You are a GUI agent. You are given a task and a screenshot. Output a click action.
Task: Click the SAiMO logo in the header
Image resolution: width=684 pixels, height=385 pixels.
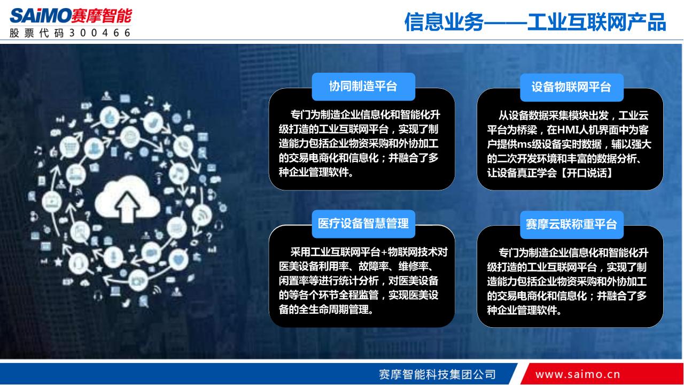(x=71, y=16)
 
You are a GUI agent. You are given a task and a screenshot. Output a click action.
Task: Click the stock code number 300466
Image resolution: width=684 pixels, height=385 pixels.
(x=100, y=33)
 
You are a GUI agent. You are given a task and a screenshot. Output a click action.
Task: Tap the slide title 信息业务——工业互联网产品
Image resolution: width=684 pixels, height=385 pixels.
(x=535, y=22)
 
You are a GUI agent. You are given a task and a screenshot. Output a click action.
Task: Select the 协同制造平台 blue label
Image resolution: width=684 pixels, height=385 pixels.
(x=363, y=87)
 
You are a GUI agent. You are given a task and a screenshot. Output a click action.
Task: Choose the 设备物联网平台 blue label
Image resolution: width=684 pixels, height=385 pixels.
(x=572, y=87)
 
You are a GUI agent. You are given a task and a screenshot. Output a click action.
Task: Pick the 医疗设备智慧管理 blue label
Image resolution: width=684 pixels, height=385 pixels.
(x=363, y=224)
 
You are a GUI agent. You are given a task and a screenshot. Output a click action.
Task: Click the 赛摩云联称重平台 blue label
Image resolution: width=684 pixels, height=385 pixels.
(x=572, y=225)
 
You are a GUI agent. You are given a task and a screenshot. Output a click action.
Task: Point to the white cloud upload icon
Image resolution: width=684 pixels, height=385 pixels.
(x=127, y=198)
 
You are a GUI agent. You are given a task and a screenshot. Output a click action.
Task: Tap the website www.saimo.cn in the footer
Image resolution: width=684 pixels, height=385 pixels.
(x=578, y=374)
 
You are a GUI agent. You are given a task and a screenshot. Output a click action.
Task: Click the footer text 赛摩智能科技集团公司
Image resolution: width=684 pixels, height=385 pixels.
(x=437, y=374)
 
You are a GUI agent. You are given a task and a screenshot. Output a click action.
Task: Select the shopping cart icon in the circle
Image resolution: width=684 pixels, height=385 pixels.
(x=69, y=147)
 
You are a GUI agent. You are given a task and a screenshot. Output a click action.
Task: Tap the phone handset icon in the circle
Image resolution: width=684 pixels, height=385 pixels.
(x=183, y=146)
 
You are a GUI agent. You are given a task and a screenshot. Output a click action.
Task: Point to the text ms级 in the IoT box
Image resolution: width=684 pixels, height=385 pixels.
(x=527, y=144)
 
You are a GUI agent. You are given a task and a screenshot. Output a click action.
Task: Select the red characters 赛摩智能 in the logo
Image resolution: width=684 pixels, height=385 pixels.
(x=102, y=16)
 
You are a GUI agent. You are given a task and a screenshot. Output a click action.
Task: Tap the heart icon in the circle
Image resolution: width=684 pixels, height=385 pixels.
(x=178, y=260)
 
